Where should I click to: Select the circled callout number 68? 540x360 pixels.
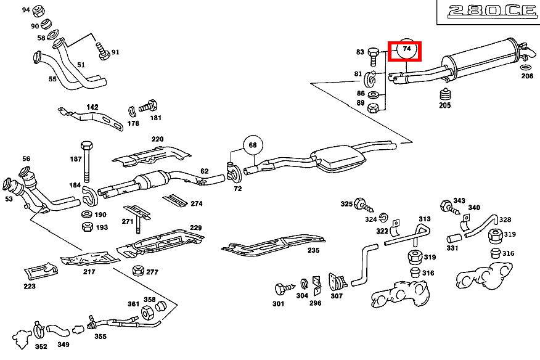point(252,145)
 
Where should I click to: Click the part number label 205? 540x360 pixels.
point(445,105)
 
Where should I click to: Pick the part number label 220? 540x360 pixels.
point(157,139)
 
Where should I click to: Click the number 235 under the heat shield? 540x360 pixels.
point(313,250)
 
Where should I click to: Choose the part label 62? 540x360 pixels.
point(205,171)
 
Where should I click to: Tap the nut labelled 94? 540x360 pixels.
point(37,11)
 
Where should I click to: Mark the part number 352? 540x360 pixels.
point(41,346)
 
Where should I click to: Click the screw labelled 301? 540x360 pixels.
point(281,288)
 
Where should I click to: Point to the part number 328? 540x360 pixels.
point(505,219)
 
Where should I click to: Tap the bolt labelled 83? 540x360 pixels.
point(374,56)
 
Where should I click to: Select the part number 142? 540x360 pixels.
point(92,107)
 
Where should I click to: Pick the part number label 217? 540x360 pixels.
point(89,271)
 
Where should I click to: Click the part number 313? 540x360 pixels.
point(425,219)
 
